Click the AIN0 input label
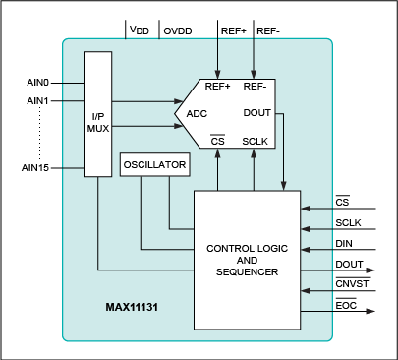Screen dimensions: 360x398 pos(38,84)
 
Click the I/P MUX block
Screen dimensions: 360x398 pos(99,115)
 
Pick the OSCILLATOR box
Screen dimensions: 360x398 pos(153,166)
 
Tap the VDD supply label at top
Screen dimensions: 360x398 pos(140,31)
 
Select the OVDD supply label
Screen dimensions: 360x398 pos(178,31)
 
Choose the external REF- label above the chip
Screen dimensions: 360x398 pos(268,31)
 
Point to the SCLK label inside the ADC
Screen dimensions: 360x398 pos(256,141)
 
